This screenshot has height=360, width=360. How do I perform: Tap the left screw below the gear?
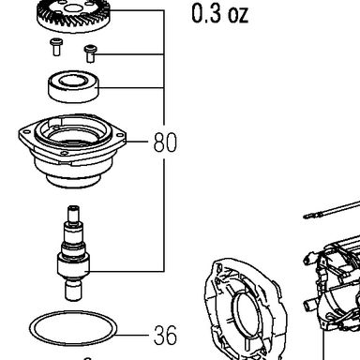(56, 47)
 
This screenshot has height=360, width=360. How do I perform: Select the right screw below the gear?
(90, 53)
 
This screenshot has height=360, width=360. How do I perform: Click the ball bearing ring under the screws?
(74, 86)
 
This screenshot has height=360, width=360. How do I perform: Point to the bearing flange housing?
(72, 150)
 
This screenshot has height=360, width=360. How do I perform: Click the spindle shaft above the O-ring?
(73, 253)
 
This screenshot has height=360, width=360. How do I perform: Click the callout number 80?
(165, 142)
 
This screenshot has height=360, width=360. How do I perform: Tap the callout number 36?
(165, 335)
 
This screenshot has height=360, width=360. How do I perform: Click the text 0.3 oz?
(220, 14)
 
